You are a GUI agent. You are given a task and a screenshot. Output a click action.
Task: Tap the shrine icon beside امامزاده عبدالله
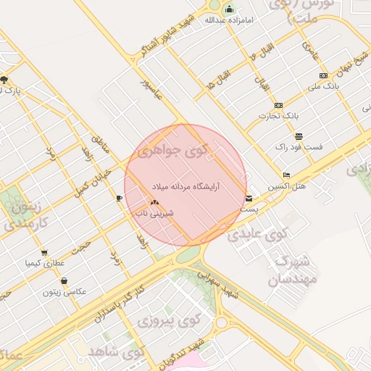[x=230, y=9]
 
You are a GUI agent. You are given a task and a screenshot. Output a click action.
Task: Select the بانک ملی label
[x=324, y=86]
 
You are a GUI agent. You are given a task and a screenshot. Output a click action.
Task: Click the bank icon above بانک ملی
[x=322, y=75]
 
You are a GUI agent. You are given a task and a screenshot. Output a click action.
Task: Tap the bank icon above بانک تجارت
[x=278, y=105]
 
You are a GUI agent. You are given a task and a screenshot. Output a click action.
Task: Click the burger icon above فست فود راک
[x=299, y=136]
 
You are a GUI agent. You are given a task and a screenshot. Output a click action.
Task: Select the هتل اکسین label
[x=286, y=186]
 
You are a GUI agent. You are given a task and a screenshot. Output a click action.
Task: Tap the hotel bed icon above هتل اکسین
[x=286, y=175]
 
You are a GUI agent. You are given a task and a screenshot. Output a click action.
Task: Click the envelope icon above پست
[x=249, y=198]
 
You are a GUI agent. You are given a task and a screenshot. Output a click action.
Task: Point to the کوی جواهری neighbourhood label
[x=174, y=152]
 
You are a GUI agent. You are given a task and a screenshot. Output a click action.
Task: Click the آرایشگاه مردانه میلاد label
[x=185, y=186]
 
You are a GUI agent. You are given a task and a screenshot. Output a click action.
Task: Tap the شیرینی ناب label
[x=154, y=214]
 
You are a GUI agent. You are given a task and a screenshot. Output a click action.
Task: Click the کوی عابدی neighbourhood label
[x=257, y=234]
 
